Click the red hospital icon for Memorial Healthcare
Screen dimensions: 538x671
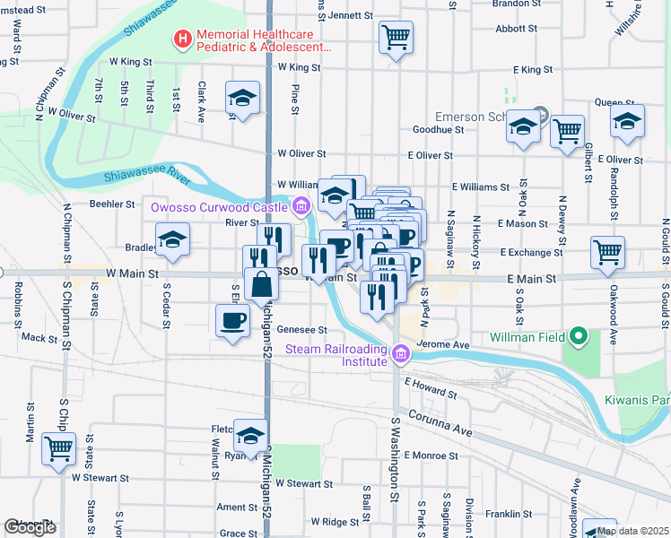pyautogui.click(x=183, y=39)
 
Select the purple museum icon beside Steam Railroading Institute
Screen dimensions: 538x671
pyautogui.click(x=401, y=356)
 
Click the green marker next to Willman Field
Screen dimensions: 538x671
pyautogui.click(x=579, y=337)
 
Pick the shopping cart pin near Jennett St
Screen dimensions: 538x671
pyautogui.click(x=396, y=38)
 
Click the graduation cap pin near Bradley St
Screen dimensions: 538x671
pyautogui.click(x=172, y=240)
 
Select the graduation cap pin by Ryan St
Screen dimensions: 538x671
pyautogui.click(x=250, y=436)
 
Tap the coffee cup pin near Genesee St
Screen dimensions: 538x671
pyautogui.click(x=232, y=320)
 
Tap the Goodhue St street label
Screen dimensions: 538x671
pyautogui.click(x=437, y=129)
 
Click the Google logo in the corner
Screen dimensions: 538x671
pyautogui.click(x=30, y=528)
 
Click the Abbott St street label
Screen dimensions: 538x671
pyautogui.click(x=516, y=28)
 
